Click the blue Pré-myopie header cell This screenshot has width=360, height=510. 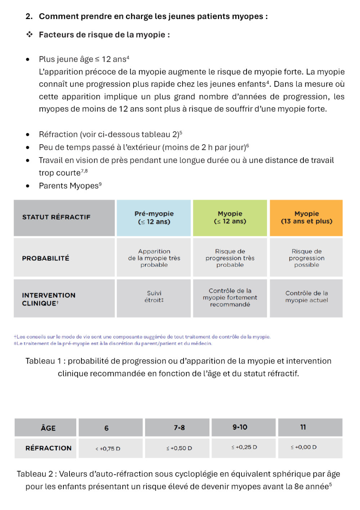coord(154,218)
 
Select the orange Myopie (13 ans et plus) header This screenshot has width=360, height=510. coord(306,218)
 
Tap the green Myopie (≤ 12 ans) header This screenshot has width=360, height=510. coord(230,218)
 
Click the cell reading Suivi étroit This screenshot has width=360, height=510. coord(154,297)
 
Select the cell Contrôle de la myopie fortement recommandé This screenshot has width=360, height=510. coord(230,297)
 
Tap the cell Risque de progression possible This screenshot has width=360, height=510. coord(306,258)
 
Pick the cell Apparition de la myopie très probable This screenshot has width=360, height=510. coord(154,258)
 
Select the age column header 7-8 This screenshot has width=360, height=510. coord(179,428)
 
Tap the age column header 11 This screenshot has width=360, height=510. coord(303,427)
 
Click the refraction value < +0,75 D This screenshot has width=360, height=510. coord(108,448)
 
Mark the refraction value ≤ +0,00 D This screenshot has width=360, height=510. coord(304,447)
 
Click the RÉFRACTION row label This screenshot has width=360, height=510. coord(49,448)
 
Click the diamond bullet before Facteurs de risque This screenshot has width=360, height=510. coord(30,35)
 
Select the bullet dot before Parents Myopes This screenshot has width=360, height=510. coord(28,186)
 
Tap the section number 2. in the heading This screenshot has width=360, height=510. coord(29,17)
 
